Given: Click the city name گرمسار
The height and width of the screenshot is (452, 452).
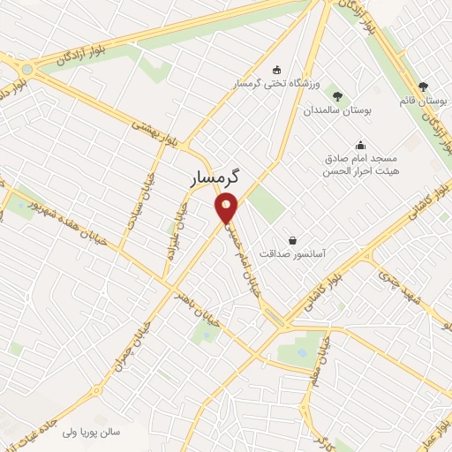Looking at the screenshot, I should [217, 178].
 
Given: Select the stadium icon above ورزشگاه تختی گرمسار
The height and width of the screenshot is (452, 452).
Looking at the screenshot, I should [277, 70].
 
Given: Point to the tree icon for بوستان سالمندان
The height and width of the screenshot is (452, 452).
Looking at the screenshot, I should [336, 95].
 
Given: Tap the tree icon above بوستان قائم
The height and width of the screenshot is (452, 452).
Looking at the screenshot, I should [423, 87].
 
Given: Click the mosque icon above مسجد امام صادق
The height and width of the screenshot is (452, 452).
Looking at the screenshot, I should [360, 145].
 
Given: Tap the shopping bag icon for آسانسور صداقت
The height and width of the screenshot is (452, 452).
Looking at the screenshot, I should [292, 239].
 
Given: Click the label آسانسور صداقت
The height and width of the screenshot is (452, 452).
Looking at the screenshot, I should [292, 253].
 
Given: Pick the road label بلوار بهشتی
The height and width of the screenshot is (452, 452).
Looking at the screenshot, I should [159, 133].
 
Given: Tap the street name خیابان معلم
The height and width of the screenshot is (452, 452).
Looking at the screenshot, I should [325, 354].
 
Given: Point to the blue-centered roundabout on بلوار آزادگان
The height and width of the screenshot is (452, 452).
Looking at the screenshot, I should [27, 68].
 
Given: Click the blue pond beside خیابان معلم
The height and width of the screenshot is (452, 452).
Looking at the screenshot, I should [303, 352].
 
